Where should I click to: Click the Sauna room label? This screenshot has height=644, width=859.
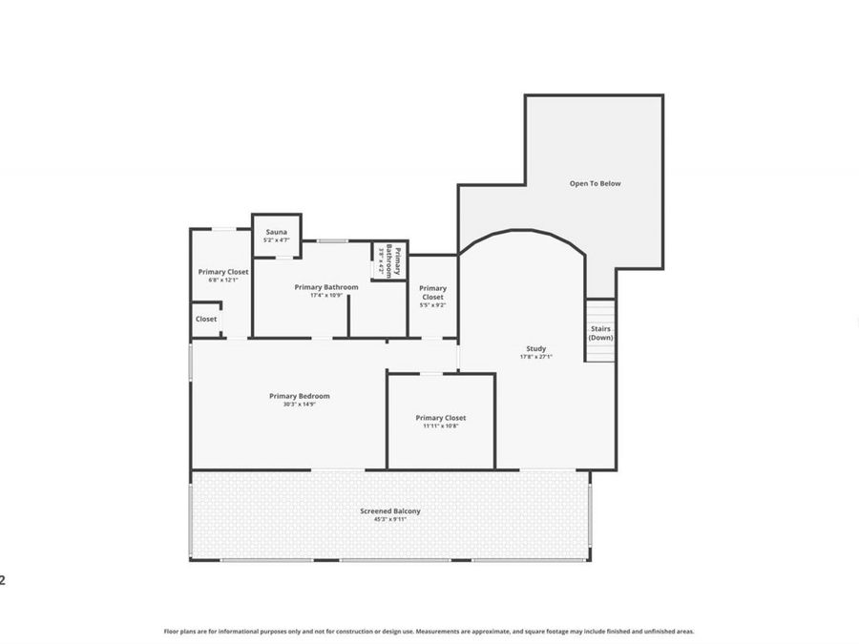tap(276, 232)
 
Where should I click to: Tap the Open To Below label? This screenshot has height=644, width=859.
tap(595, 183)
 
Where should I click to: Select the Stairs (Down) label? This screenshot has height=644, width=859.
tap(600, 333)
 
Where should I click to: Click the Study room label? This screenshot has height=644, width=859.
tap(535, 348)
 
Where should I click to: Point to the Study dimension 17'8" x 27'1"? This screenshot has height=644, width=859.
tap(535, 357)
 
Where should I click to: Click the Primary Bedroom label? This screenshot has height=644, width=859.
tap(299, 396)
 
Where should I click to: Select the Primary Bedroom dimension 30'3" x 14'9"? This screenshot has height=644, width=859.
tap(299, 405)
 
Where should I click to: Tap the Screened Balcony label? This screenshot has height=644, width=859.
tap(389, 510)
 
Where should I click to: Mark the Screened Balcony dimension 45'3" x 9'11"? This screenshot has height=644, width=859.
tap(389, 519)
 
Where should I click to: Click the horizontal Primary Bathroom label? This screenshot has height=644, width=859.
tap(326, 286)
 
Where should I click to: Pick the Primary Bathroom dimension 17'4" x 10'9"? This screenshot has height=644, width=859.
tap(326, 295)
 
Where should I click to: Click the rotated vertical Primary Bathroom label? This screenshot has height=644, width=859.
tap(394, 260)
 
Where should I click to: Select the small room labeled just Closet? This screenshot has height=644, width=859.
tap(206, 319)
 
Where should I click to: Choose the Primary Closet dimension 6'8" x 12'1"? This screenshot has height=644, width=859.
tap(223, 280)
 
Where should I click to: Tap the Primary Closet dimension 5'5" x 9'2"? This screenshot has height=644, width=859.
tap(432, 305)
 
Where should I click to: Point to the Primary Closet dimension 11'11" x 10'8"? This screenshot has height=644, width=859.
tap(440, 426)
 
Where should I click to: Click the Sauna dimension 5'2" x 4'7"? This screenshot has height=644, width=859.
tap(276, 240)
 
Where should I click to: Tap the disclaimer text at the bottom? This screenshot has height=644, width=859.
tap(429, 631)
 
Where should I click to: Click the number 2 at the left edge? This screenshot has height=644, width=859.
tap(3, 579)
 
